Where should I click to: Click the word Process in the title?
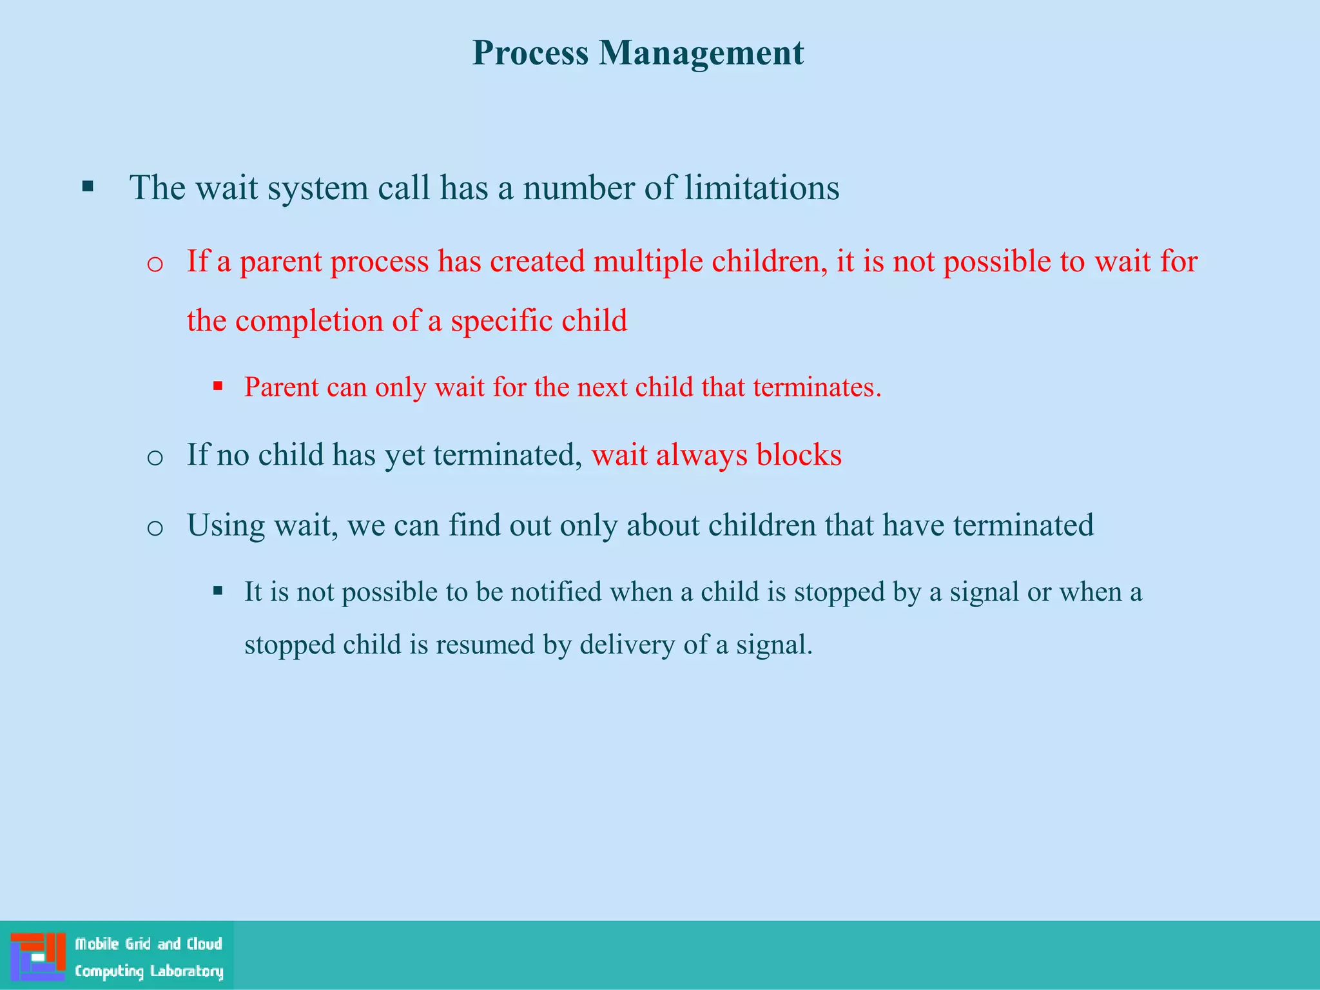click(x=530, y=53)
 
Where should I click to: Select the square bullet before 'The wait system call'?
click(x=88, y=188)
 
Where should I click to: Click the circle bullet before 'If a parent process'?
click(x=155, y=264)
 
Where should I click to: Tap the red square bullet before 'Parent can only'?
click(x=218, y=387)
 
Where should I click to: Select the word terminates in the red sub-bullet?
click(x=816, y=387)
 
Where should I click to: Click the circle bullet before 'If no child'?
click(x=155, y=458)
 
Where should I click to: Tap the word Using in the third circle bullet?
click(x=226, y=526)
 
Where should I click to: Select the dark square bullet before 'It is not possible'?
click(x=218, y=590)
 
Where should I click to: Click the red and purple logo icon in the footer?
click(x=37, y=956)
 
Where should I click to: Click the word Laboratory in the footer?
click(x=186, y=971)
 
